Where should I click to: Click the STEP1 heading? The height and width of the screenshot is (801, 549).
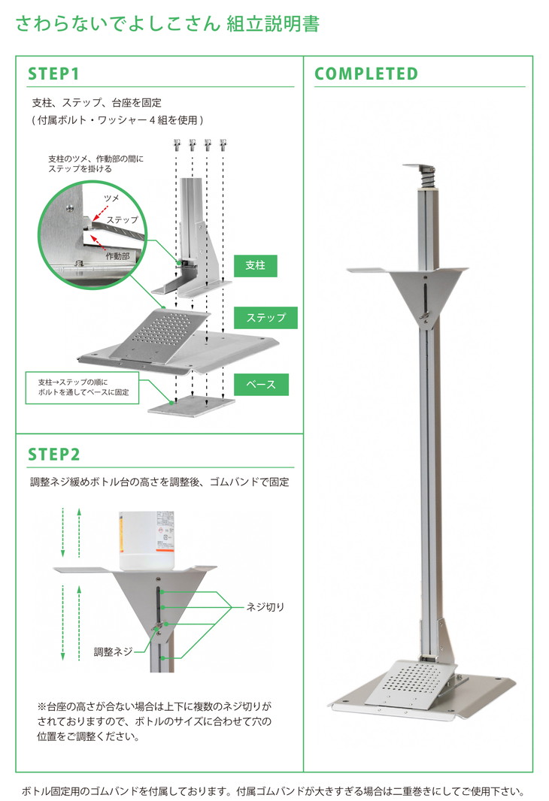point(54,74)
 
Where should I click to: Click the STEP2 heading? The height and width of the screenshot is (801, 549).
point(54,455)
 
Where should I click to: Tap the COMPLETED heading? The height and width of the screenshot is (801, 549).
point(365,74)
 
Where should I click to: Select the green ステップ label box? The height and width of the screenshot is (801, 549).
point(266,317)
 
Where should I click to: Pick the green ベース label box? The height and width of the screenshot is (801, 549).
point(261,384)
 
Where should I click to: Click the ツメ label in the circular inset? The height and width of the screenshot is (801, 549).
point(110,197)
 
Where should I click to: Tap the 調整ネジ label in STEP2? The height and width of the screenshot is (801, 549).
point(114,652)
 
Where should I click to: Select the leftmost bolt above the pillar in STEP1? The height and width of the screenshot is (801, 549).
point(177,143)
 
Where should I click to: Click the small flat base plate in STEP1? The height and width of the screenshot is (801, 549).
point(190,406)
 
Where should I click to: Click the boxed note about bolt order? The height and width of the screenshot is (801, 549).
point(83,388)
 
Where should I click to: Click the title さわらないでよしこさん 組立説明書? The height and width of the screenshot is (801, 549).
point(168,24)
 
